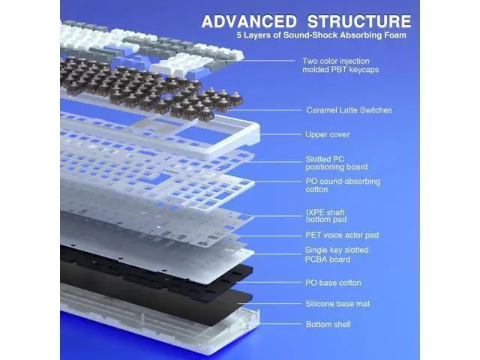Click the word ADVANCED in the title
[x=249, y=21]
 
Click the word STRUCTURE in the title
[x=359, y=21]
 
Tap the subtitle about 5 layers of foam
[x=322, y=35]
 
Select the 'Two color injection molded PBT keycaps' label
[x=340, y=65]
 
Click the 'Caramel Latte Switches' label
[x=349, y=110]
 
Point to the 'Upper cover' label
[x=328, y=134]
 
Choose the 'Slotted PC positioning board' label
[x=337, y=163]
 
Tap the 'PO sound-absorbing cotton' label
[x=343, y=185]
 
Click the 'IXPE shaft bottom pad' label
[x=325, y=216]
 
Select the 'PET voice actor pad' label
[x=342, y=235]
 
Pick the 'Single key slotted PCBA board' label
[x=337, y=255]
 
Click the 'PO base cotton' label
[x=333, y=283]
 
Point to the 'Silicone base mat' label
[x=337, y=304]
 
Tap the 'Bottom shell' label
[x=328, y=324]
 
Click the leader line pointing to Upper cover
[x=280, y=134]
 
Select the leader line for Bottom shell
[x=280, y=324]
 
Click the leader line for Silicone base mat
[x=270, y=304]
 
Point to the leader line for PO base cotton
[x=268, y=282]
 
